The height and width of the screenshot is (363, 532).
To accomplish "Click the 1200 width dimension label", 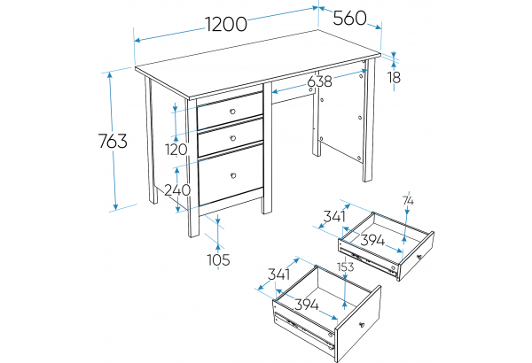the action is click(x=226, y=25).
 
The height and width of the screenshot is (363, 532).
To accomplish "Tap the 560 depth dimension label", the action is click(x=349, y=18).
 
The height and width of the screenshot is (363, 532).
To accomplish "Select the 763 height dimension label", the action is click(x=113, y=141).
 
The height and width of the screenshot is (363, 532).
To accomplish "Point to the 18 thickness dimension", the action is click(x=395, y=78).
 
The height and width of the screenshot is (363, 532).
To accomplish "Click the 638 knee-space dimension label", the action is click(x=319, y=81).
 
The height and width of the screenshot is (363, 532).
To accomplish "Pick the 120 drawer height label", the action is click(x=176, y=150).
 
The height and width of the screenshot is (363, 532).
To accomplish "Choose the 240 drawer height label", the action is click(x=177, y=190).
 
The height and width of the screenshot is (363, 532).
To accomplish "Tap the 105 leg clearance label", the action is click(x=219, y=259).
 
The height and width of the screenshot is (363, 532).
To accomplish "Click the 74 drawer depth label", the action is click(x=409, y=201).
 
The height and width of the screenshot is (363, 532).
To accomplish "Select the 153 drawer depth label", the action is click(x=346, y=267).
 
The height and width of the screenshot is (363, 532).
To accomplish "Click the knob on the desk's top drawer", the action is click(x=232, y=112).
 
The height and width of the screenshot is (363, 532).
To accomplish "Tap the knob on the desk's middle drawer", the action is click(x=232, y=138).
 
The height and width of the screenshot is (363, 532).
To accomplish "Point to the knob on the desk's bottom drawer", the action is click(x=233, y=175).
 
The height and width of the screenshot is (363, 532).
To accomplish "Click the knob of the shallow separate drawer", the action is click(x=419, y=257).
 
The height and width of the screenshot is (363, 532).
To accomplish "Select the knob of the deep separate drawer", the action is click(x=362, y=325).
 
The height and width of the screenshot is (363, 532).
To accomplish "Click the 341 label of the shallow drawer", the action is click(x=334, y=216).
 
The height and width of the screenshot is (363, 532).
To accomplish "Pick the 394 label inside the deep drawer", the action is click(x=307, y=305).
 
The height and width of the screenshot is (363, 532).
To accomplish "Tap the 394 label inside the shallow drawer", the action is click(x=372, y=240).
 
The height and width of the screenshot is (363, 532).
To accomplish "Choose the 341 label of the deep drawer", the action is click(x=279, y=274).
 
